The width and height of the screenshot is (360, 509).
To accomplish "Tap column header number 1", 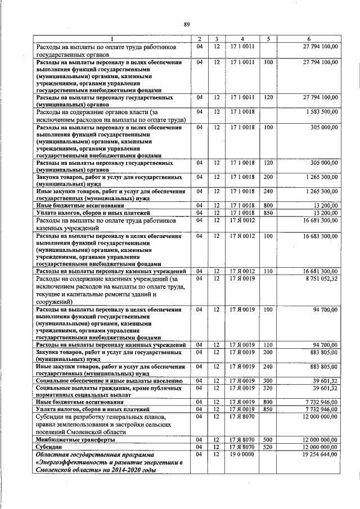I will (111, 38).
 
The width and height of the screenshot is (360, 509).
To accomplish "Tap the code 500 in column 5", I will (268, 439).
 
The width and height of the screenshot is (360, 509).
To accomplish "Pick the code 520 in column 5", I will (268, 445).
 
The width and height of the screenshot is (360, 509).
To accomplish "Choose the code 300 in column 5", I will (268, 381).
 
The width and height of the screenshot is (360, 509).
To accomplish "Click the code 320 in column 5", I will (268, 388).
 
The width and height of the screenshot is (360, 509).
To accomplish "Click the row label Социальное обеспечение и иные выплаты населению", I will (107, 381).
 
